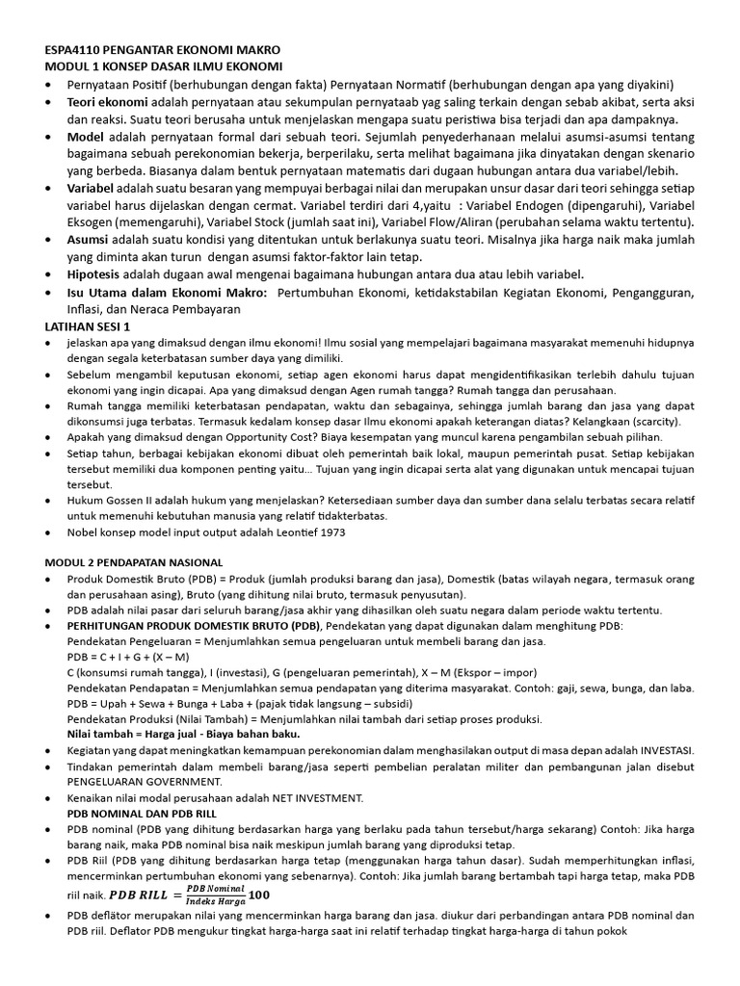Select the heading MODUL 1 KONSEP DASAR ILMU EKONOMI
(164, 66)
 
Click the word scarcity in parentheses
(650, 422)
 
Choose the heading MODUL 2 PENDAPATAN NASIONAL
(134, 561)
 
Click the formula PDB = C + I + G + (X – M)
(128, 657)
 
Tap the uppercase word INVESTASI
(658, 750)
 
